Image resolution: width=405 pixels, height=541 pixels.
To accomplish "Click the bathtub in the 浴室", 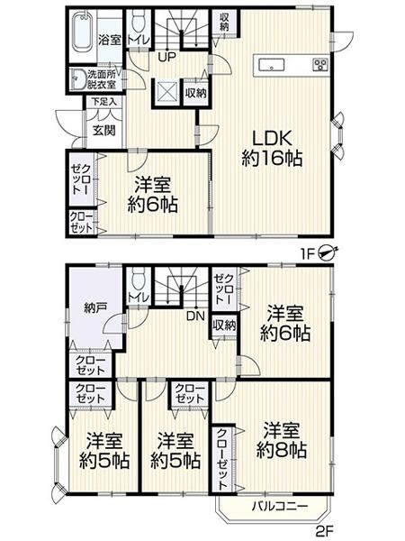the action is click(x=83, y=32).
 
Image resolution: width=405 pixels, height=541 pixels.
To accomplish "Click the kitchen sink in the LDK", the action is click(x=272, y=65).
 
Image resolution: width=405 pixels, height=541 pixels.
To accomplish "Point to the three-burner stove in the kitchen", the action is click(x=320, y=65).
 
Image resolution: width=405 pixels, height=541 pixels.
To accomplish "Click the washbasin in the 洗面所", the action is click(x=77, y=79).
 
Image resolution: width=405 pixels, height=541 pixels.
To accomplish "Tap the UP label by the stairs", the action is click(x=167, y=57).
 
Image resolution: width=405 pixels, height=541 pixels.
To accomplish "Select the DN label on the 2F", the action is click(x=195, y=316).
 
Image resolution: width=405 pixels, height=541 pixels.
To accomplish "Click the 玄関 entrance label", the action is click(x=104, y=131).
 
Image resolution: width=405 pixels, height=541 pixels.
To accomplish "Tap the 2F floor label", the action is click(x=324, y=530).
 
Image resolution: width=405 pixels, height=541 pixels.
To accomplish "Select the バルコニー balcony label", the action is click(x=279, y=507).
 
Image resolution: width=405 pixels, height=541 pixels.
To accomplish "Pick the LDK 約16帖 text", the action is click(x=272, y=149).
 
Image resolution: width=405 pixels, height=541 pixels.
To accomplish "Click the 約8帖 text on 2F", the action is click(x=282, y=450).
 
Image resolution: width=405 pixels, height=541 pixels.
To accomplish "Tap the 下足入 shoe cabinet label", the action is click(x=104, y=102).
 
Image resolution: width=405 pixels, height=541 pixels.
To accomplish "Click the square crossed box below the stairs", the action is click(x=166, y=91).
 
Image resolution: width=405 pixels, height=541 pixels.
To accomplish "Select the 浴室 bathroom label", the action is click(x=110, y=40).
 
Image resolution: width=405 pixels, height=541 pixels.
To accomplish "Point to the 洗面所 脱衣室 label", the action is click(x=101, y=79).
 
